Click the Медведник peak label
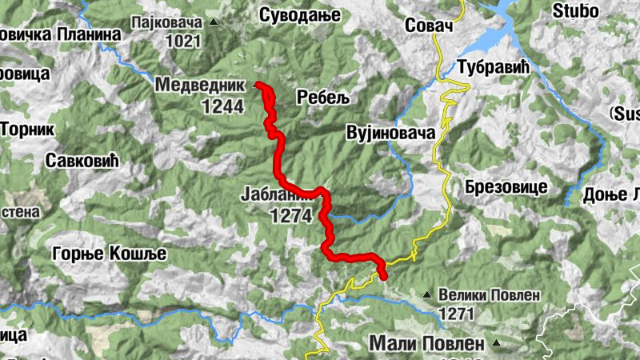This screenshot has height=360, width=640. [x=200, y=84]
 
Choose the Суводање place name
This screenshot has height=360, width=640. [x=300, y=14]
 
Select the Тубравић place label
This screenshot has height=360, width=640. [x=494, y=66]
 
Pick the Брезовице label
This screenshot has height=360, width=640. [x=505, y=186]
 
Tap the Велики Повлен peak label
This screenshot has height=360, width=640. [x=488, y=295]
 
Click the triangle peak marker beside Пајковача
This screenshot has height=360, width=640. [x=213, y=22]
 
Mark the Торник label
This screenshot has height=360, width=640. [x=26, y=128]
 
